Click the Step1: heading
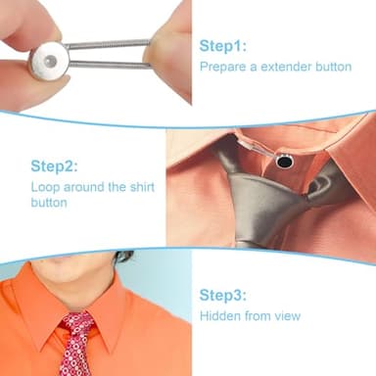(223, 46)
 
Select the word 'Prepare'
(221, 68)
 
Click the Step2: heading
(54, 166)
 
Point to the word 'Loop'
(44, 187)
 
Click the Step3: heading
(224, 295)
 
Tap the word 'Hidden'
(220, 316)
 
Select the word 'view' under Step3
(286, 316)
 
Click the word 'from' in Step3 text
(257, 316)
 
